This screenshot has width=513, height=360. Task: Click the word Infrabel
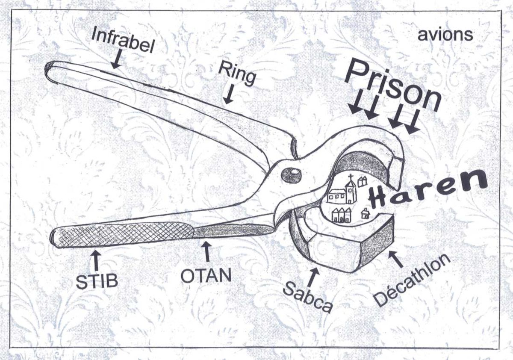click(x=122, y=41)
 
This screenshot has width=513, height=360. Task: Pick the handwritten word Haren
click(x=427, y=191)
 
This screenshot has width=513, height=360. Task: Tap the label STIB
click(x=97, y=280)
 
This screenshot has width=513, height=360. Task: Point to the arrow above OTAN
click(x=207, y=251)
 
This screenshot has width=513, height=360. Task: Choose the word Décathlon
click(x=412, y=280)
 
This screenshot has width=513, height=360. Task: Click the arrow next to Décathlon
click(x=396, y=259)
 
